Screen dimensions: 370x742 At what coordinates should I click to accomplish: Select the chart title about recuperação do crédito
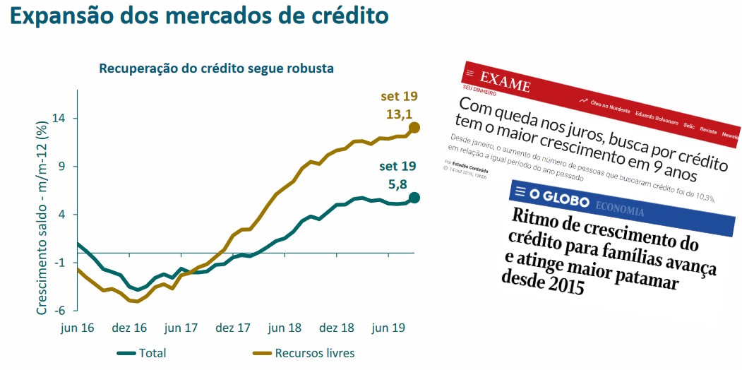[216, 68]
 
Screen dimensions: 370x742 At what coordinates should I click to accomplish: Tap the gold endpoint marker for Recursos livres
[414, 127]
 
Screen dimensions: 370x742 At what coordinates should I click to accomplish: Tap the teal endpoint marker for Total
[414, 198]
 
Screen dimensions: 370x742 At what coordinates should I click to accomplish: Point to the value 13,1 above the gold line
[398, 112]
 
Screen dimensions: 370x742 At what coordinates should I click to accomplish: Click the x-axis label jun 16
[78, 328]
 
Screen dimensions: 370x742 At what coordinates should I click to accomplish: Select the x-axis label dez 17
[234, 328]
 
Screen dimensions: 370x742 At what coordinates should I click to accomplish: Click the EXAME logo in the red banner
[505, 83]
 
